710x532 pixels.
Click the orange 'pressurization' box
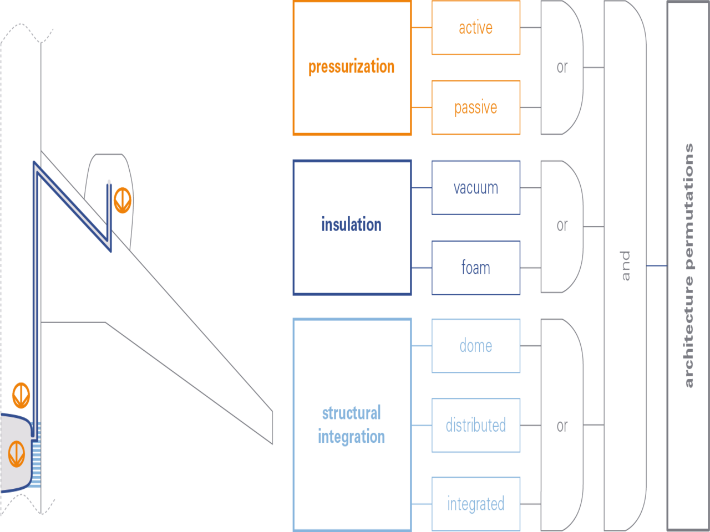click(x=352, y=68)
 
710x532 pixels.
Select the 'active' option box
click(x=475, y=28)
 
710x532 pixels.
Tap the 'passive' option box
click(x=475, y=108)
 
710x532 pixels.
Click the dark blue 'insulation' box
click(x=352, y=227)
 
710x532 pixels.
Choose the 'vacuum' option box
click(x=475, y=188)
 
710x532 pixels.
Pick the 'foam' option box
click(x=475, y=268)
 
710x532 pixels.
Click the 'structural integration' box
click(x=352, y=424)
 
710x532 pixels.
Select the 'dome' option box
click(x=475, y=346)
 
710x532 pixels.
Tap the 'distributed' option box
click(x=475, y=425)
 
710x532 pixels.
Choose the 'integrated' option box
click(x=475, y=504)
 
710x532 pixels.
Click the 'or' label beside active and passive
click(x=562, y=68)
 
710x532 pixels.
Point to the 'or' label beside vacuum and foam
click(x=562, y=226)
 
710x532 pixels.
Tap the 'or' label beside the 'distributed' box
click(x=562, y=426)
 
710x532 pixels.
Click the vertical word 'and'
click(x=625, y=266)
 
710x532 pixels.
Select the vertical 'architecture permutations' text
click(x=689, y=266)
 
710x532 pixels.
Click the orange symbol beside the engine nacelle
click(x=122, y=199)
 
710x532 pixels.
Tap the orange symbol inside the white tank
click(x=17, y=454)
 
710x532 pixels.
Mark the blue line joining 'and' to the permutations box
click(x=657, y=266)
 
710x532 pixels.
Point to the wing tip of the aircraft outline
click(x=272, y=427)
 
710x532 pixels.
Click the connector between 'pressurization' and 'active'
click(x=421, y=27)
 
